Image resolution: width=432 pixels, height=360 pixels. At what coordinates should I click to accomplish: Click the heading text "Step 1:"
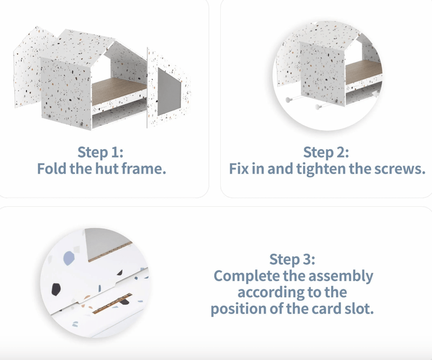coord(100,152)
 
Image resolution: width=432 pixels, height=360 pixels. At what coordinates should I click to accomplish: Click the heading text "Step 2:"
coord(326,152)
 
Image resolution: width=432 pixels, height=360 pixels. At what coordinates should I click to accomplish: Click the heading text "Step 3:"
coord(292,259)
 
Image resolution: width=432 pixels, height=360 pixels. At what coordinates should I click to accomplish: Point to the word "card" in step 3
coord(327,309)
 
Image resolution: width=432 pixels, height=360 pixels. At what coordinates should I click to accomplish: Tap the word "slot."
coord(360,309)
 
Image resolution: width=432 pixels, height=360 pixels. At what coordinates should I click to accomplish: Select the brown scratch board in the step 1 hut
coord(118,90)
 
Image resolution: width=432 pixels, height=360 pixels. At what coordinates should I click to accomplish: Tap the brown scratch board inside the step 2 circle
coord(363,72)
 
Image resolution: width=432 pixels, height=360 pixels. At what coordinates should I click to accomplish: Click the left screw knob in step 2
coord(288,99)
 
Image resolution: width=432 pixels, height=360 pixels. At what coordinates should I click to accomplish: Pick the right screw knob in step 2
coord(319,106)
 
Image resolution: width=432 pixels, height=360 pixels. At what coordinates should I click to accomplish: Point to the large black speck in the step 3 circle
coord(56,289)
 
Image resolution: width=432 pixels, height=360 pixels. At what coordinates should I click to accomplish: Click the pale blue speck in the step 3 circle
coord(69,258)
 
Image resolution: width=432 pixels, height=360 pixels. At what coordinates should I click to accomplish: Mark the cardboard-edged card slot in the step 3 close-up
coord(112,303)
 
